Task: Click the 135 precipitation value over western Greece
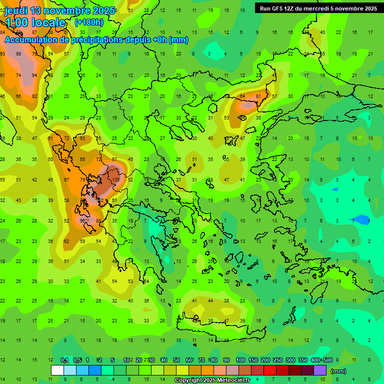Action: point(116,179)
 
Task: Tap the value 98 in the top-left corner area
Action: point(18,54)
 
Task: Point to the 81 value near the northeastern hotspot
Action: point(258,96)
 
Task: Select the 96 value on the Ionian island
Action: point(82,220)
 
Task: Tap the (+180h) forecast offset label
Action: point(89,22)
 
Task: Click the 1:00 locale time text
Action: point(35,23)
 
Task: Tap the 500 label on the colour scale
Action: point(327,360)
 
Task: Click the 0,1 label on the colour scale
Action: point(64,360)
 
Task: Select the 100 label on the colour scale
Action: point(240,360)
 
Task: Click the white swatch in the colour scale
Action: point(57,370)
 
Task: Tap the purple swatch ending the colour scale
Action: point(320,370)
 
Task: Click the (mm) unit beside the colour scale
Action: point(338,371)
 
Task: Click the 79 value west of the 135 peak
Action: point(82,179)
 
